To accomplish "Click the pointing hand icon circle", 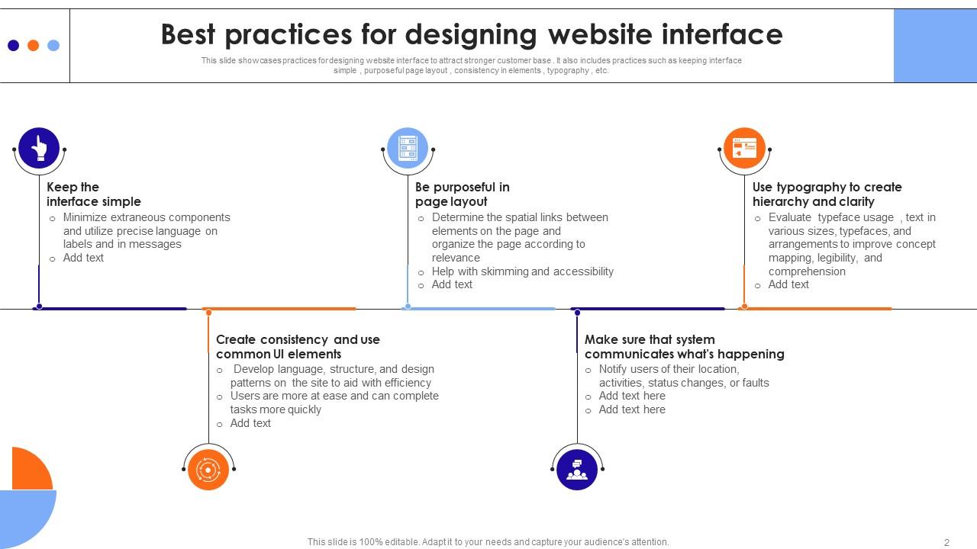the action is pos(39,148).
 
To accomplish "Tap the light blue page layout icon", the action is pos(408,148).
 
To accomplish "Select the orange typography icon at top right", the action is pos(744,148).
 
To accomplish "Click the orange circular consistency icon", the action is pos(208,470).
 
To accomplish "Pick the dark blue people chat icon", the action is pos(577,470).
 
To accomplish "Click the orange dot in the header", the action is pos(33,45).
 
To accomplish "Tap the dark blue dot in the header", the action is pos(14,45).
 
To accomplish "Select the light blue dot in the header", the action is pos(53,45).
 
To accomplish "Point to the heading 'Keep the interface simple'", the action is pos(94,194).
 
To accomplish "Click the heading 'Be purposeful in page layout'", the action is pos(463,194).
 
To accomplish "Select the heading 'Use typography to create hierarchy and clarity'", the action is pos(827,194).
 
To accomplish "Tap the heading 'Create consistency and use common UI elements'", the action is pos(298,346).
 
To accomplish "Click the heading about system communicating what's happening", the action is pos(685,346).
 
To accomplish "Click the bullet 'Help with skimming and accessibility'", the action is pos(523,271).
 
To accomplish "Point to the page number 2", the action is pos(946,542).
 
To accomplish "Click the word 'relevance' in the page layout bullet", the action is pos(456,258).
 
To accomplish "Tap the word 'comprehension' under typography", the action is pos(807,271).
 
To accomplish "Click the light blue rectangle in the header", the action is pos(935,46).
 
